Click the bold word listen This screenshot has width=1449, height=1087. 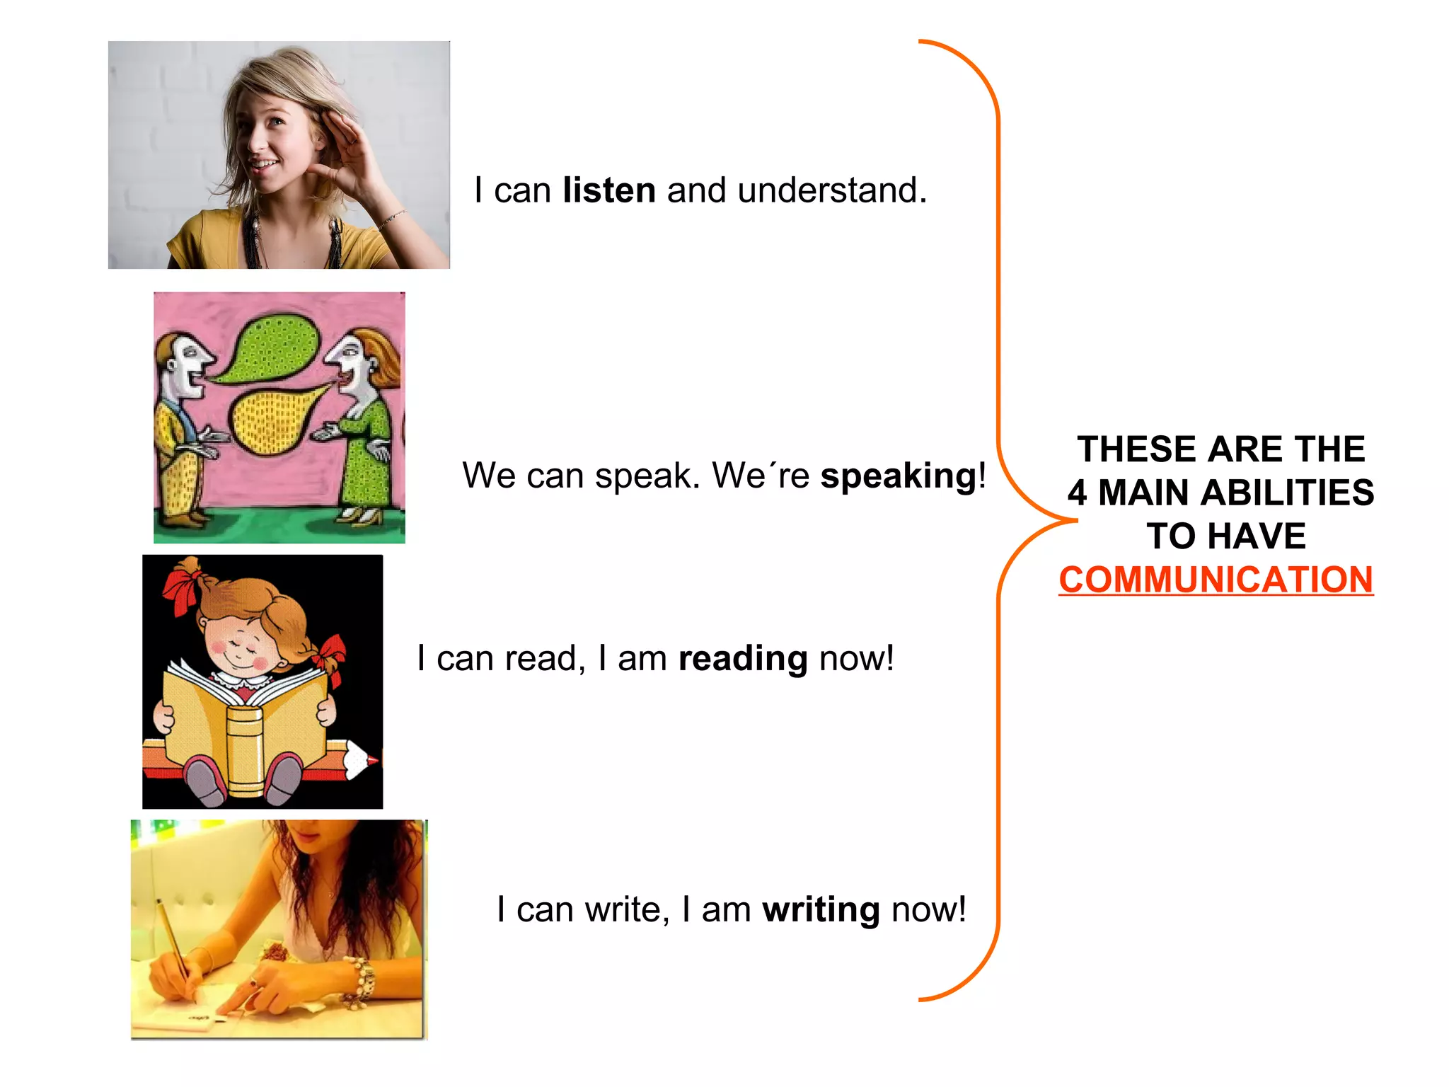pos(609,190)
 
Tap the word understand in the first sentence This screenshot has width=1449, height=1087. pos(831,190)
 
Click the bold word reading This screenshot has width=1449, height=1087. pos(742,659)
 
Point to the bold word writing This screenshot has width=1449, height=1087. pos(821,910)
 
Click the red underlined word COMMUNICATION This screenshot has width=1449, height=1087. pos(1216,580)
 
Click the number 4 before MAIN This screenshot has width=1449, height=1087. pos(1078,493)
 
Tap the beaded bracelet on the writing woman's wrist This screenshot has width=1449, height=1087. pos(362,980)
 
